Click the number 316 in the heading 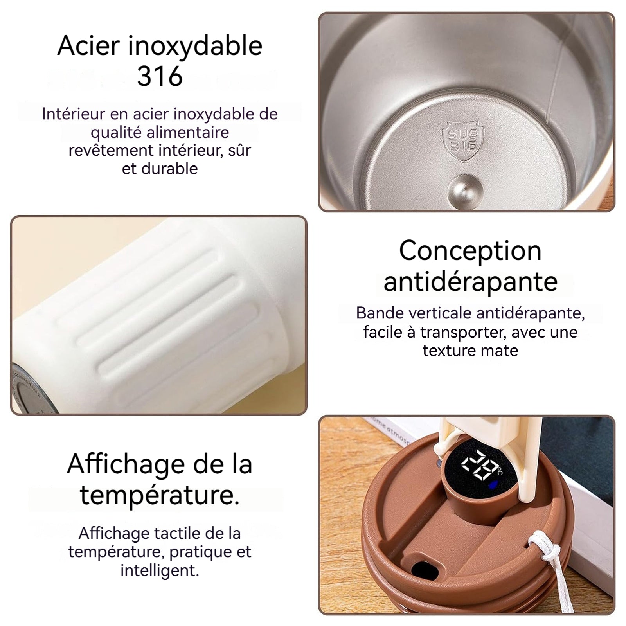[x=160, y=76]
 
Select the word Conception [x=470, y=251]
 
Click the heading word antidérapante [x=470, y=281]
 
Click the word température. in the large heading [x=160, y=495]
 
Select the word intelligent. [x=160, y=570]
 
